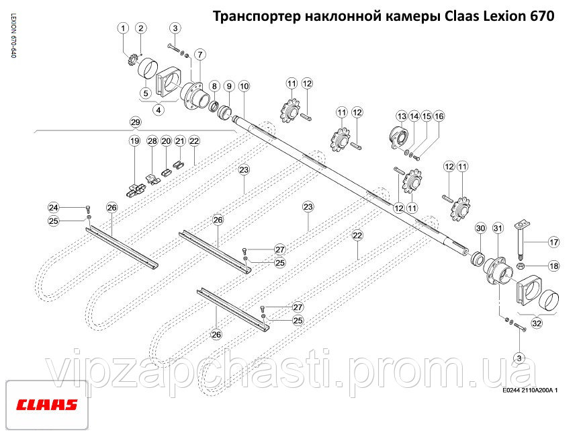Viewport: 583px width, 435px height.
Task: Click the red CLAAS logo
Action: (46, 405)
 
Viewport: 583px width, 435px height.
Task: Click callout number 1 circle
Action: (123, 28)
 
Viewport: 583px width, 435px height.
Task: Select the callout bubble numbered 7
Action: (200, 54)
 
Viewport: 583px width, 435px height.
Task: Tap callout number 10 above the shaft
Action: (244, 86)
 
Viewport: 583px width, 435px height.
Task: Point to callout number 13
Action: (402, 116)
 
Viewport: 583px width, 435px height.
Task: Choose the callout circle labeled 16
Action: (439, 116)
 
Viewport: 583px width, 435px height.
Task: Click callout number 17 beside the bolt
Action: (554, 242)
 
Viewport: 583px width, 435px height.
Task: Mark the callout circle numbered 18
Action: (554, 266)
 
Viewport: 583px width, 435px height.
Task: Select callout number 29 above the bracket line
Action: (136, 122)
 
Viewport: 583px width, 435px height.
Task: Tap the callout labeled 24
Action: (54, 208)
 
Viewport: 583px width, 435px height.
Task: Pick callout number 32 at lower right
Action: (537, 323)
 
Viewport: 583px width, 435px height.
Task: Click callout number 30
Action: (481, 228)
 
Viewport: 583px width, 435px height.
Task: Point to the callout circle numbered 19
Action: (134, 141)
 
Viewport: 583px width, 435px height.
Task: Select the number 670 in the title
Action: (541, 16)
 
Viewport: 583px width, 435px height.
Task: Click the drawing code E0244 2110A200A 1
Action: (530, 391)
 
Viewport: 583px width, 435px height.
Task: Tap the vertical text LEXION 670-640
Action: (13, 36)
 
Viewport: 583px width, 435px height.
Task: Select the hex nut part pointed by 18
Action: (521, 266)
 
